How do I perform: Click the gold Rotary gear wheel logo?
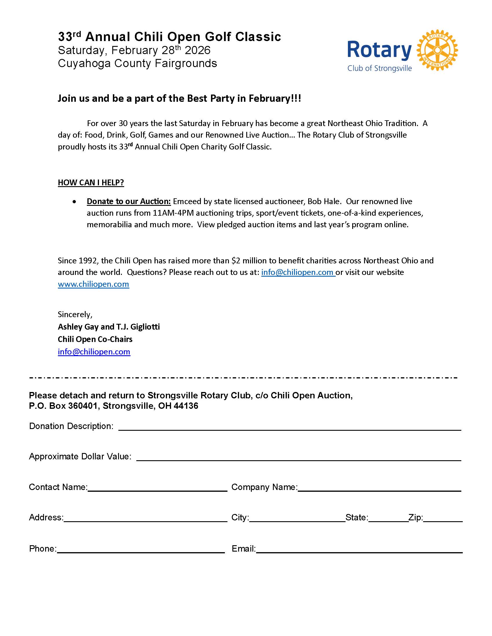[x=437, y=50]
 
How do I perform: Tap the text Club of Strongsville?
[x=379, y=69]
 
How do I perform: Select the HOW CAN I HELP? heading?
[x=91, y=183]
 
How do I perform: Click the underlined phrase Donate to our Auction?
[x=128, y=201]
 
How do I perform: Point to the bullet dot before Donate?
[x=75, y=202]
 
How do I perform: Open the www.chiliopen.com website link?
[x=93, y=284]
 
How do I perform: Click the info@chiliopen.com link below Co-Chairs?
[x=94, y=352]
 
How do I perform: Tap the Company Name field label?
[x=264, y=487]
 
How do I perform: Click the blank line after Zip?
[x=443, y=519]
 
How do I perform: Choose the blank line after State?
[x=388, y=519]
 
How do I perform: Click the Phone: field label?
[x=43, y=549]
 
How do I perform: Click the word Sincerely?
[x=75, y=315]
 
